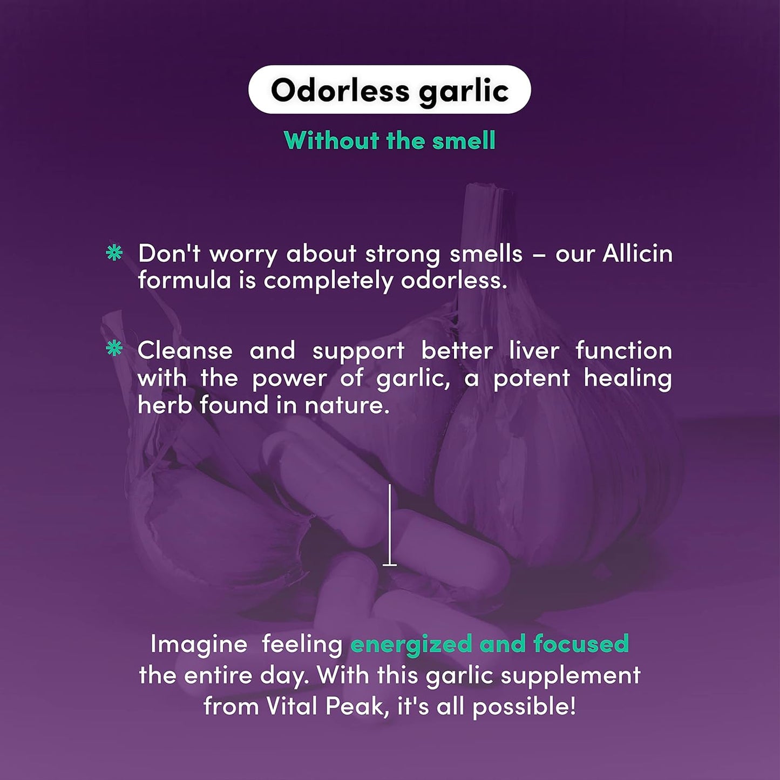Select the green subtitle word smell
click(x=464, y=141)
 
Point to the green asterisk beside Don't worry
click(x=114, y=253)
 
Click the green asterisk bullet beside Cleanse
click(x=114, y=349)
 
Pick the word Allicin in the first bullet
click(x=637, y=253)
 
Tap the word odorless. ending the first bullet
click(x=454, y=280)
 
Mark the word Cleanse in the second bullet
click(x=185, y=351)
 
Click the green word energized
click(x=411, y=645)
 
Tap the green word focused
click(x=581, y=644)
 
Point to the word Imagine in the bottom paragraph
click(x=199, y=644)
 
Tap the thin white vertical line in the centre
click(x=390, y=524)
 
